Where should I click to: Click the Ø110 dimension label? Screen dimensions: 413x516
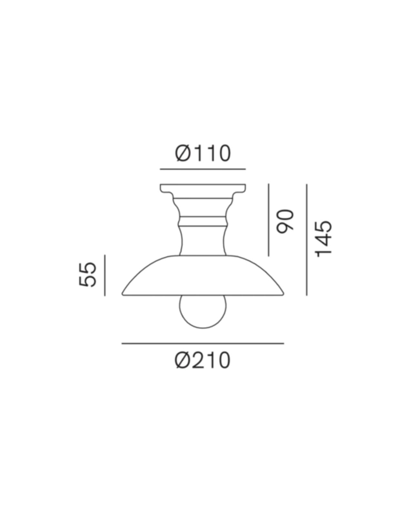tap(203, 153)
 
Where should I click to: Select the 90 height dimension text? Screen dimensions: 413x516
tap(285, 221)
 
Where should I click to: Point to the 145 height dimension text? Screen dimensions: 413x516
tap(323, 239)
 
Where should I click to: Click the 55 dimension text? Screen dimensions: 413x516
tap(87, 275)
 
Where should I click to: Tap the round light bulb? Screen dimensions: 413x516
tap(203, 312)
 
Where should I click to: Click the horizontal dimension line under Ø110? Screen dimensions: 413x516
tap(203, 169)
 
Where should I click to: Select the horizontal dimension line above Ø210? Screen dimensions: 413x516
tap(203, 343)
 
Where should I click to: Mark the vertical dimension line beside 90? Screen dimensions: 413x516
tap(268, 220)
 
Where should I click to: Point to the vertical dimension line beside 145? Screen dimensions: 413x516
tap(307, 240)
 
